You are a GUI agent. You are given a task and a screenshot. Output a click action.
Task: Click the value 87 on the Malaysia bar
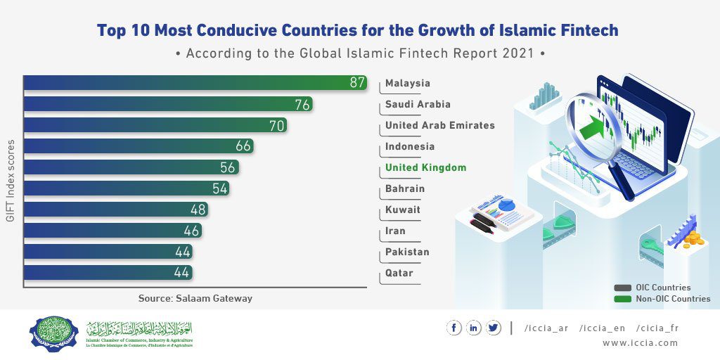(357, 83)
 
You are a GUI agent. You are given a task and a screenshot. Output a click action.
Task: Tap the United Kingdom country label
(425, 168)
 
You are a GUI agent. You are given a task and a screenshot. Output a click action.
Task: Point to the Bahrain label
(404, 189)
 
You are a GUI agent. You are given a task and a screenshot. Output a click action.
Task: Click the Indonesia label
(410, 147)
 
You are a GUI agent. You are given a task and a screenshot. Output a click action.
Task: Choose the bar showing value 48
(116, 210)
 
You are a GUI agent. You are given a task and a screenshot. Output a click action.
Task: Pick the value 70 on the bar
(277, 125)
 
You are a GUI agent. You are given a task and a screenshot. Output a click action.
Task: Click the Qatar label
(399, 274)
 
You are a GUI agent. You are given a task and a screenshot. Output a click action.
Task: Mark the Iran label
(395, 231)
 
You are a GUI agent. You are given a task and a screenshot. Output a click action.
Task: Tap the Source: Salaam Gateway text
(195, 298)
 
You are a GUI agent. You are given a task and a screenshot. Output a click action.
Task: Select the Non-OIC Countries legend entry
(672, 299)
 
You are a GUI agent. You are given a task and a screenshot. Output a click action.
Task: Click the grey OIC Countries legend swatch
(622, 288)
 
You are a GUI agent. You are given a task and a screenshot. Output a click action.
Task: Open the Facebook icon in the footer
(454, 328)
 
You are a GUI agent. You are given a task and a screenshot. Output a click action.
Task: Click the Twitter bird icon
(493, 328)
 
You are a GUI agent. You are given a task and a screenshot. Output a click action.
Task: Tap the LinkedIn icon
(474, 328)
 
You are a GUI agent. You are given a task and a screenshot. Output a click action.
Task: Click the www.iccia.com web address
(640, 343)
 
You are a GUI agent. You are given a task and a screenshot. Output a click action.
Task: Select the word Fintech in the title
(583, 30)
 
